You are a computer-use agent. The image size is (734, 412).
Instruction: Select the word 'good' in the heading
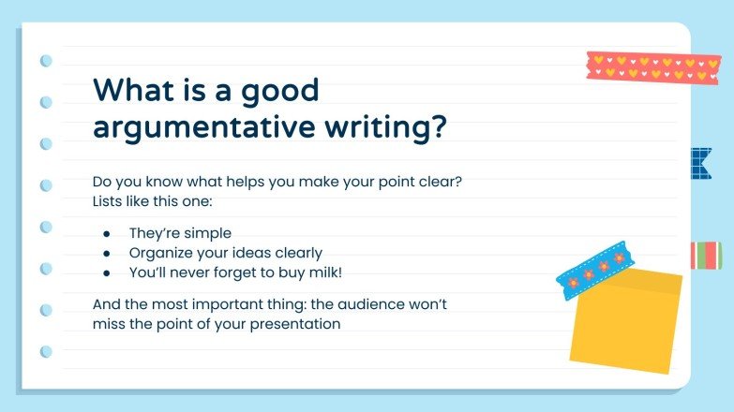pyautogui.click(x=277, y=91)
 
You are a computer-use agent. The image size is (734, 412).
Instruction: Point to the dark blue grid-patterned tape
pyautogui.click(x=698, y=164)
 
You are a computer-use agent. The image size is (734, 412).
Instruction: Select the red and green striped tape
pyautogui.click(x=705, y=255)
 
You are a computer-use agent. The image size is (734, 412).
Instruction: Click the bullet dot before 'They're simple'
pyautogui.click(x=107, y=233)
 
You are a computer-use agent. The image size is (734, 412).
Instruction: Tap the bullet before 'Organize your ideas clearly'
pyautogui.click(x=107, y=253)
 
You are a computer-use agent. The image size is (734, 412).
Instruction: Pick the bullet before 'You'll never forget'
pyautogui.click(x=107, y=272)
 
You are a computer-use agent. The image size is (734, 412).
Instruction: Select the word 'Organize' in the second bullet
pyautogui.click(x=160, y=253)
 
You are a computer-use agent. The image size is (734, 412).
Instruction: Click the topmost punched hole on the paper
pyautogui.click(x=45, y=61)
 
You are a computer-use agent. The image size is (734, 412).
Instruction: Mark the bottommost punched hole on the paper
pyautogui.click(x=45, y=352)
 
